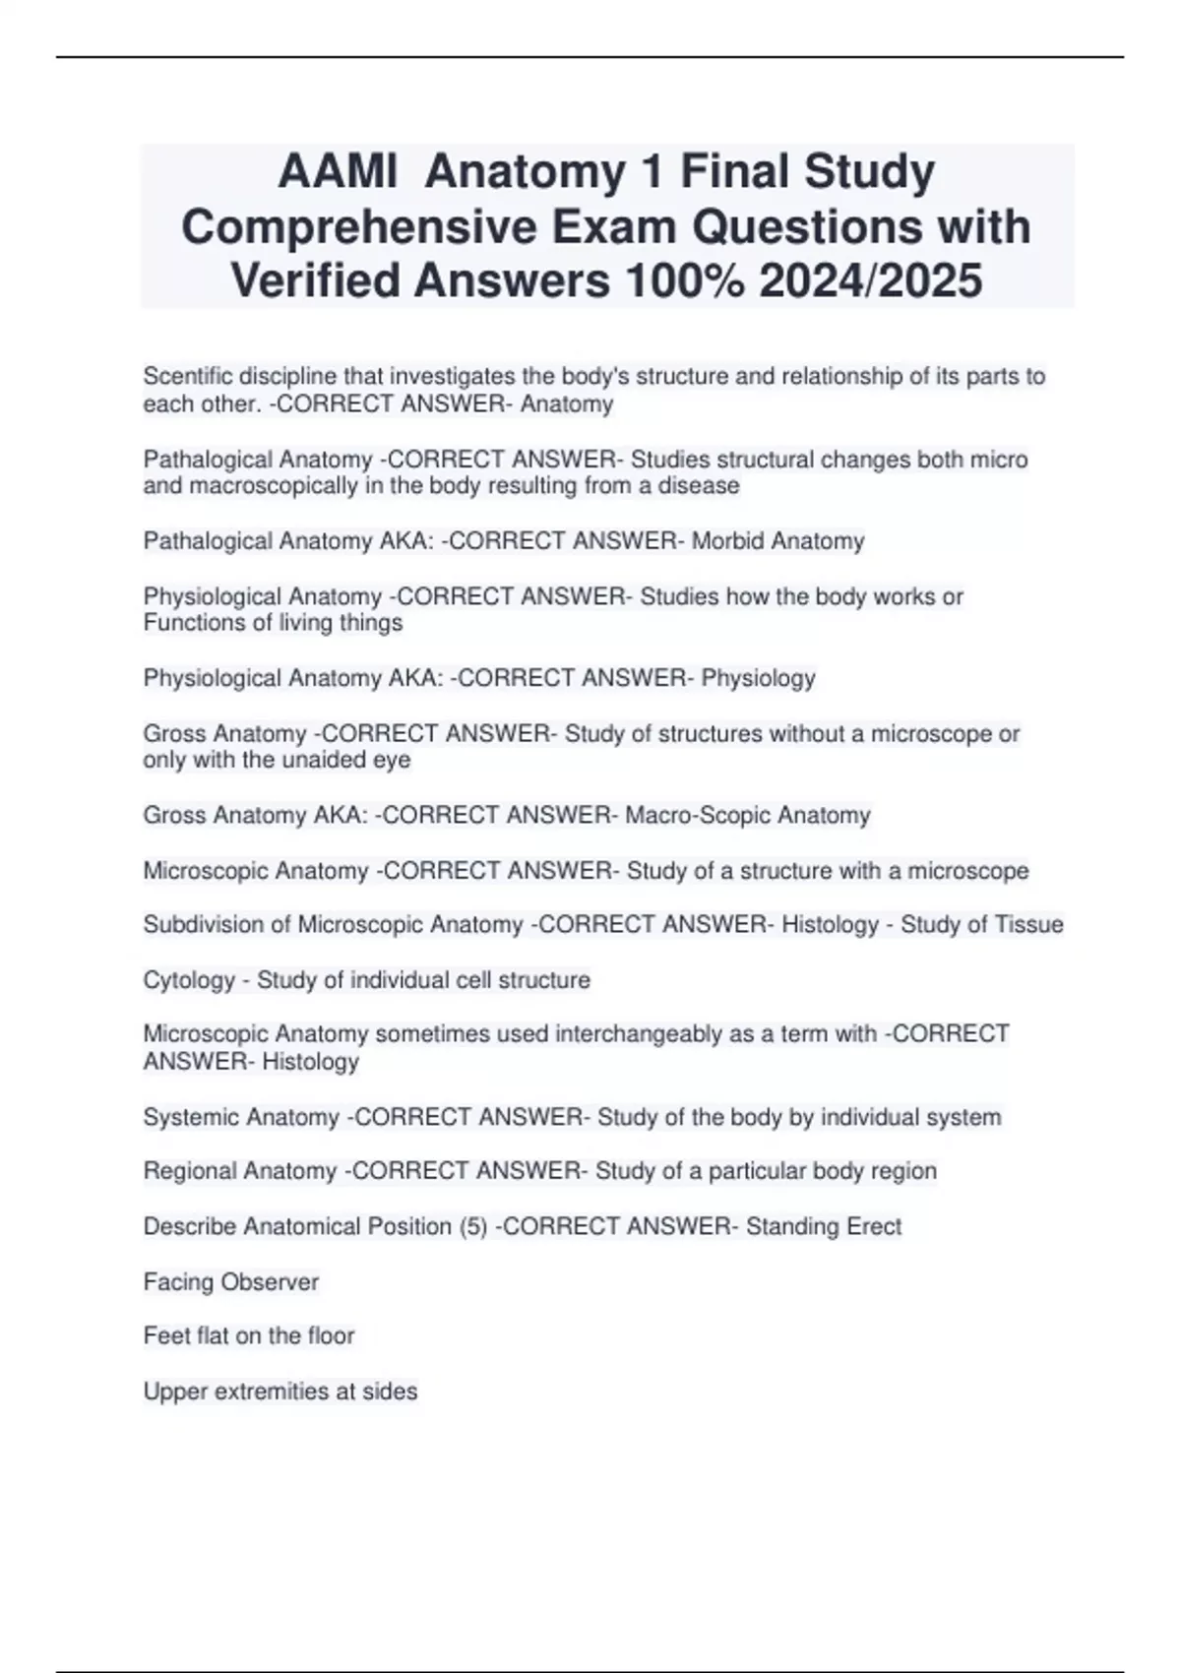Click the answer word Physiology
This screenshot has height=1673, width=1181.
tap(758, 678)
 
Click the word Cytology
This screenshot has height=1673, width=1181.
tap(190, 980)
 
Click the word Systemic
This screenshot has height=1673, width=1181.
tap(192, 1117)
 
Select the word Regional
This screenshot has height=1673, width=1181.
tap(190, 1171)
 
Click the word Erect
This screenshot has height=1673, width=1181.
tap(873, 1226)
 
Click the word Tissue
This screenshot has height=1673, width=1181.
tap(1024, 925)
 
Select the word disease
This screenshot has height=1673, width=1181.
tap(698, 486)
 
